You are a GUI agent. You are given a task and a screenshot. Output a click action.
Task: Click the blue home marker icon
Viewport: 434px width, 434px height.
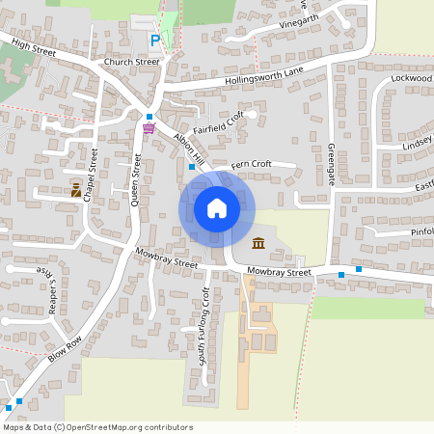(x=217, y=208)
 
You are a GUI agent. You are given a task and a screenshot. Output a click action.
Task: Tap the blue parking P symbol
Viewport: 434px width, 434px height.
(x=155, y=41)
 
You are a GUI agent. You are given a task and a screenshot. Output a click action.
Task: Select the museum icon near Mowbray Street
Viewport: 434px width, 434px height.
(x=258, y=243)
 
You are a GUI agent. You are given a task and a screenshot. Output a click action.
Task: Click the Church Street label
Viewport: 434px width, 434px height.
(x=132, y=62)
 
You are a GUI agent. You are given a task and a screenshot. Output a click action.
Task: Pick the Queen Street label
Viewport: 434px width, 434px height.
(x=136, y=183)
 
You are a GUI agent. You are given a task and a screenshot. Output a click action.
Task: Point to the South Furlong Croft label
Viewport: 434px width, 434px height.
(x=204, y=311)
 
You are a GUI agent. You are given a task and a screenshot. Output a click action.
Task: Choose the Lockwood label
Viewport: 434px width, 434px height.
(x=411, y=76)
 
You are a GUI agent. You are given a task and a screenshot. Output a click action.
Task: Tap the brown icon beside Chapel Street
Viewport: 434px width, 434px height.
(x=75, y=190)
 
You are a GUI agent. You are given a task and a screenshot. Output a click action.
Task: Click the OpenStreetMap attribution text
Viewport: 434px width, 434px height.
(x=97, y=427)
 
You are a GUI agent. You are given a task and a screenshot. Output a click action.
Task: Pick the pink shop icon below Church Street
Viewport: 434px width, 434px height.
(x=149, y=127)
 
